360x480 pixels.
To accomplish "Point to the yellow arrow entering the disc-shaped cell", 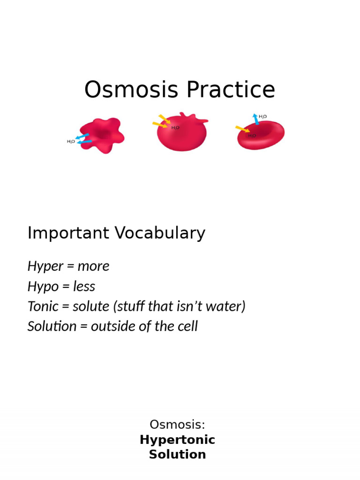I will click(242, 129).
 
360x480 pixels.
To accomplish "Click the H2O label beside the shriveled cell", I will click(71, 141).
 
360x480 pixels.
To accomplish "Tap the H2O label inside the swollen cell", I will click(175, 127).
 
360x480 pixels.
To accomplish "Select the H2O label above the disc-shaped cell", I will click(262, 116).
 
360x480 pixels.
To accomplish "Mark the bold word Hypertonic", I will click(177, 440).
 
